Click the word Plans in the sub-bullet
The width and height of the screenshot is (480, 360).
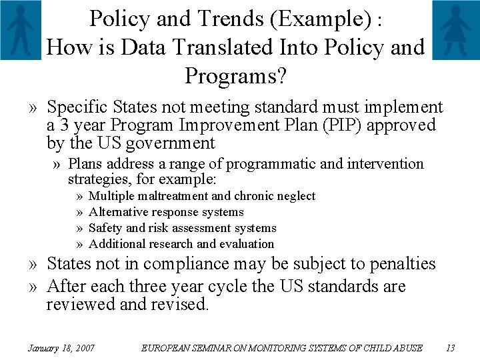[x=83, y=163]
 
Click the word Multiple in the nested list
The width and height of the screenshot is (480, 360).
[x=111, y=196]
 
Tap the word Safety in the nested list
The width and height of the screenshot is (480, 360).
[x=105, y=228]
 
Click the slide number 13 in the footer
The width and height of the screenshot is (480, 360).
[x=449, y=347]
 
